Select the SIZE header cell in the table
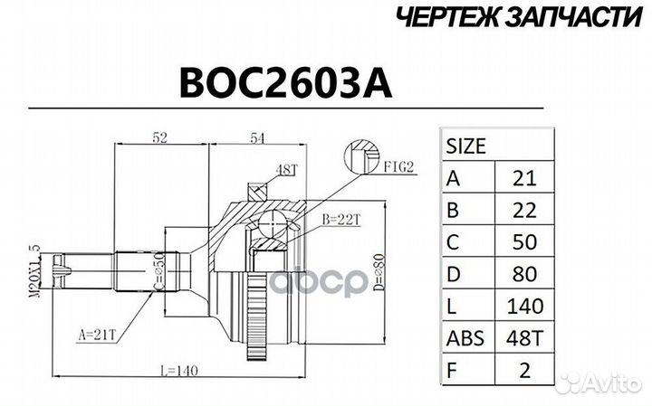coord(466,145)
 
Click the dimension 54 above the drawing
coord(256,138)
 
